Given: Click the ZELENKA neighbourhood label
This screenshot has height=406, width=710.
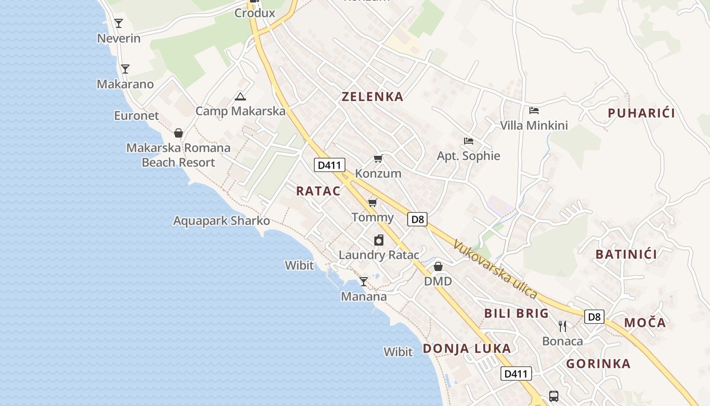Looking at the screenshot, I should pyautogui.click(x=372, y=96).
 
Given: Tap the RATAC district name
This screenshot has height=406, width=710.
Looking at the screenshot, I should pyautogui.click(x=318, y=191).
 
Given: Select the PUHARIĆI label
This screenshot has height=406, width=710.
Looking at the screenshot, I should pyautogui.click(x=641, y=113).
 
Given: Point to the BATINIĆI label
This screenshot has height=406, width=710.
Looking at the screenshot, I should pyautogui.click(x=626, y=254).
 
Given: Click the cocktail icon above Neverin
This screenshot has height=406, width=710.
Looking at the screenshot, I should pyautogui.click(x=119, y=23).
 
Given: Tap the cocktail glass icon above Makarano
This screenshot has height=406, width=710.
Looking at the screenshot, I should pyautogui.click(x=125, y=69).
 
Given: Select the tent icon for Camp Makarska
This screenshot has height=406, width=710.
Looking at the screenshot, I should pyautogui.click(x=240, y=96).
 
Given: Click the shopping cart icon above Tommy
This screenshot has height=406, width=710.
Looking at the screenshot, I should pyautogui.click(x=372, y=203).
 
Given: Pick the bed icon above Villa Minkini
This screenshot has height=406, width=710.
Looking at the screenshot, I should pyautogui.click(x=534, y=111).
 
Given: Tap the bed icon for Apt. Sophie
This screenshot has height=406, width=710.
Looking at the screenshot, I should pyautogui.click(x=468, y=141).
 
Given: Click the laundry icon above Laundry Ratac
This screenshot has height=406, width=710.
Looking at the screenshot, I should pyautogui.click(x=379, y=240).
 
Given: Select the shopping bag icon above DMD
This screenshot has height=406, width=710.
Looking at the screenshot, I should pyautogui.click(x=438, y=266).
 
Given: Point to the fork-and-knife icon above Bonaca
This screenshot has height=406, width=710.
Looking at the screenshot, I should pyautogui.click(x=562, y=326).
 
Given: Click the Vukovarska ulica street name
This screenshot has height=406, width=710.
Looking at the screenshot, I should pyautogui.click(x=494, y=269).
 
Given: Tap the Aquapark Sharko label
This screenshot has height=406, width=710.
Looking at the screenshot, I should pyautogui.click(x=222, y=221).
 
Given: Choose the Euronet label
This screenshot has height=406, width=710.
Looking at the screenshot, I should pyautogui.click(x=136, y=116).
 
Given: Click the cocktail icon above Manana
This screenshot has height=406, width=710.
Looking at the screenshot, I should pyautogui.click(x=363, y=282).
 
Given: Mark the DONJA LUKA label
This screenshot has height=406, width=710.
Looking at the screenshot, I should pyautogui.click(x=467, y=349).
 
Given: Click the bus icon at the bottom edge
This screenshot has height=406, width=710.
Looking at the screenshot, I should pyautogui.click(x=554, y=396).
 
